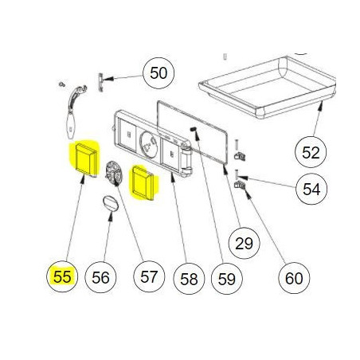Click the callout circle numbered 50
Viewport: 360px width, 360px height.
click(158, 72)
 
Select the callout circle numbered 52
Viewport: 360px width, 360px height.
click(311, 152)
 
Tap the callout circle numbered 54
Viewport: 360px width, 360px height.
click(311, 189)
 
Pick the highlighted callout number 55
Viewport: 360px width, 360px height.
click(62, 276)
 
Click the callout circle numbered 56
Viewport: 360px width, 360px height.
click(100, 277)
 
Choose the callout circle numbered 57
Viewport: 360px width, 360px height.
click(149, 276)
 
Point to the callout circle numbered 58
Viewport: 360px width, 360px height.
click(189, 279)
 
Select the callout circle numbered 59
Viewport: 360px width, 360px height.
click(227, 279)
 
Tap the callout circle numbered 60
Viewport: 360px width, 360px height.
click(294, 278)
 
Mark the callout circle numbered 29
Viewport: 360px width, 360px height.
click(245, 243)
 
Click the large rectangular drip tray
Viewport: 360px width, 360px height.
click(268, 87)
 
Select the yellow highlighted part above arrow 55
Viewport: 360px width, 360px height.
click(85, 159)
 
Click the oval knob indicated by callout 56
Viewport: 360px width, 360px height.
click(111, 204)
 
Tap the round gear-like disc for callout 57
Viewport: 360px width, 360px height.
click(114, 174)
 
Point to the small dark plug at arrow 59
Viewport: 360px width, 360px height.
click(193, 129)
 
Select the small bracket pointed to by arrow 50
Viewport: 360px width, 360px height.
click(100, 82)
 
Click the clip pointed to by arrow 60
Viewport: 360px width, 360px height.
click(240, 184)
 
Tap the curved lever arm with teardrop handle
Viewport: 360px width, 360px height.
click(72, 112)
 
